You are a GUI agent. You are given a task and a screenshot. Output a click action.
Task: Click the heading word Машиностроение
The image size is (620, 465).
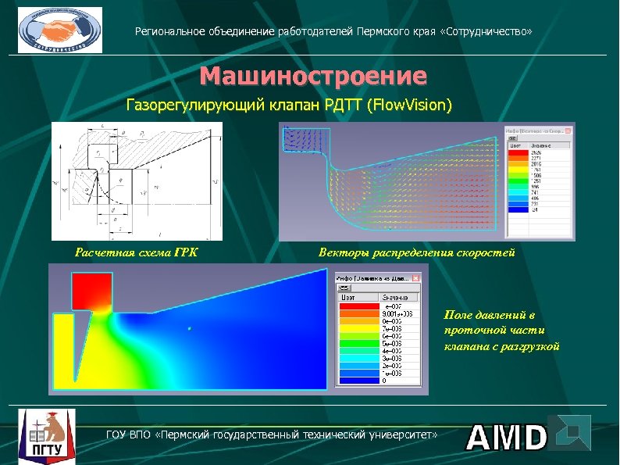[x=313, y=77]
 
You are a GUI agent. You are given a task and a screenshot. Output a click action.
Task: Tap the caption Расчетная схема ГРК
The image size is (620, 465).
[x=136, y=252]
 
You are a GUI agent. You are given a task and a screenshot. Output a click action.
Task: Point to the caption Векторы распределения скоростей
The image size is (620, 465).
[x=416, y=252]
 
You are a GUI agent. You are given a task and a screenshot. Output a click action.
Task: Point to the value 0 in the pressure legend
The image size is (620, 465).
[x=383, y=381]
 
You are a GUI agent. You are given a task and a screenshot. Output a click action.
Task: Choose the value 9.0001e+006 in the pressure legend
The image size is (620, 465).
[x=393, y=313]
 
